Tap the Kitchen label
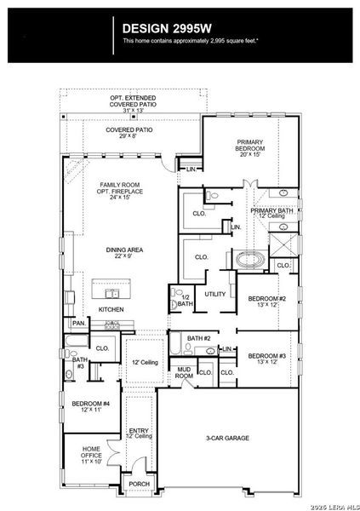[x=111, y=309]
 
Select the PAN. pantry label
[x=78, y=324]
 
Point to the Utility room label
[x=214, y=294]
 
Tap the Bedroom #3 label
[x=267, y=359]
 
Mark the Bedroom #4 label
[x=90, y=406]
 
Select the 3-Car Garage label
[x=227, y=438]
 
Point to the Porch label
[x=138, y=484]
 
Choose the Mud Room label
[x=184, y=372]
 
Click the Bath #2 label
[x=201, y=339]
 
